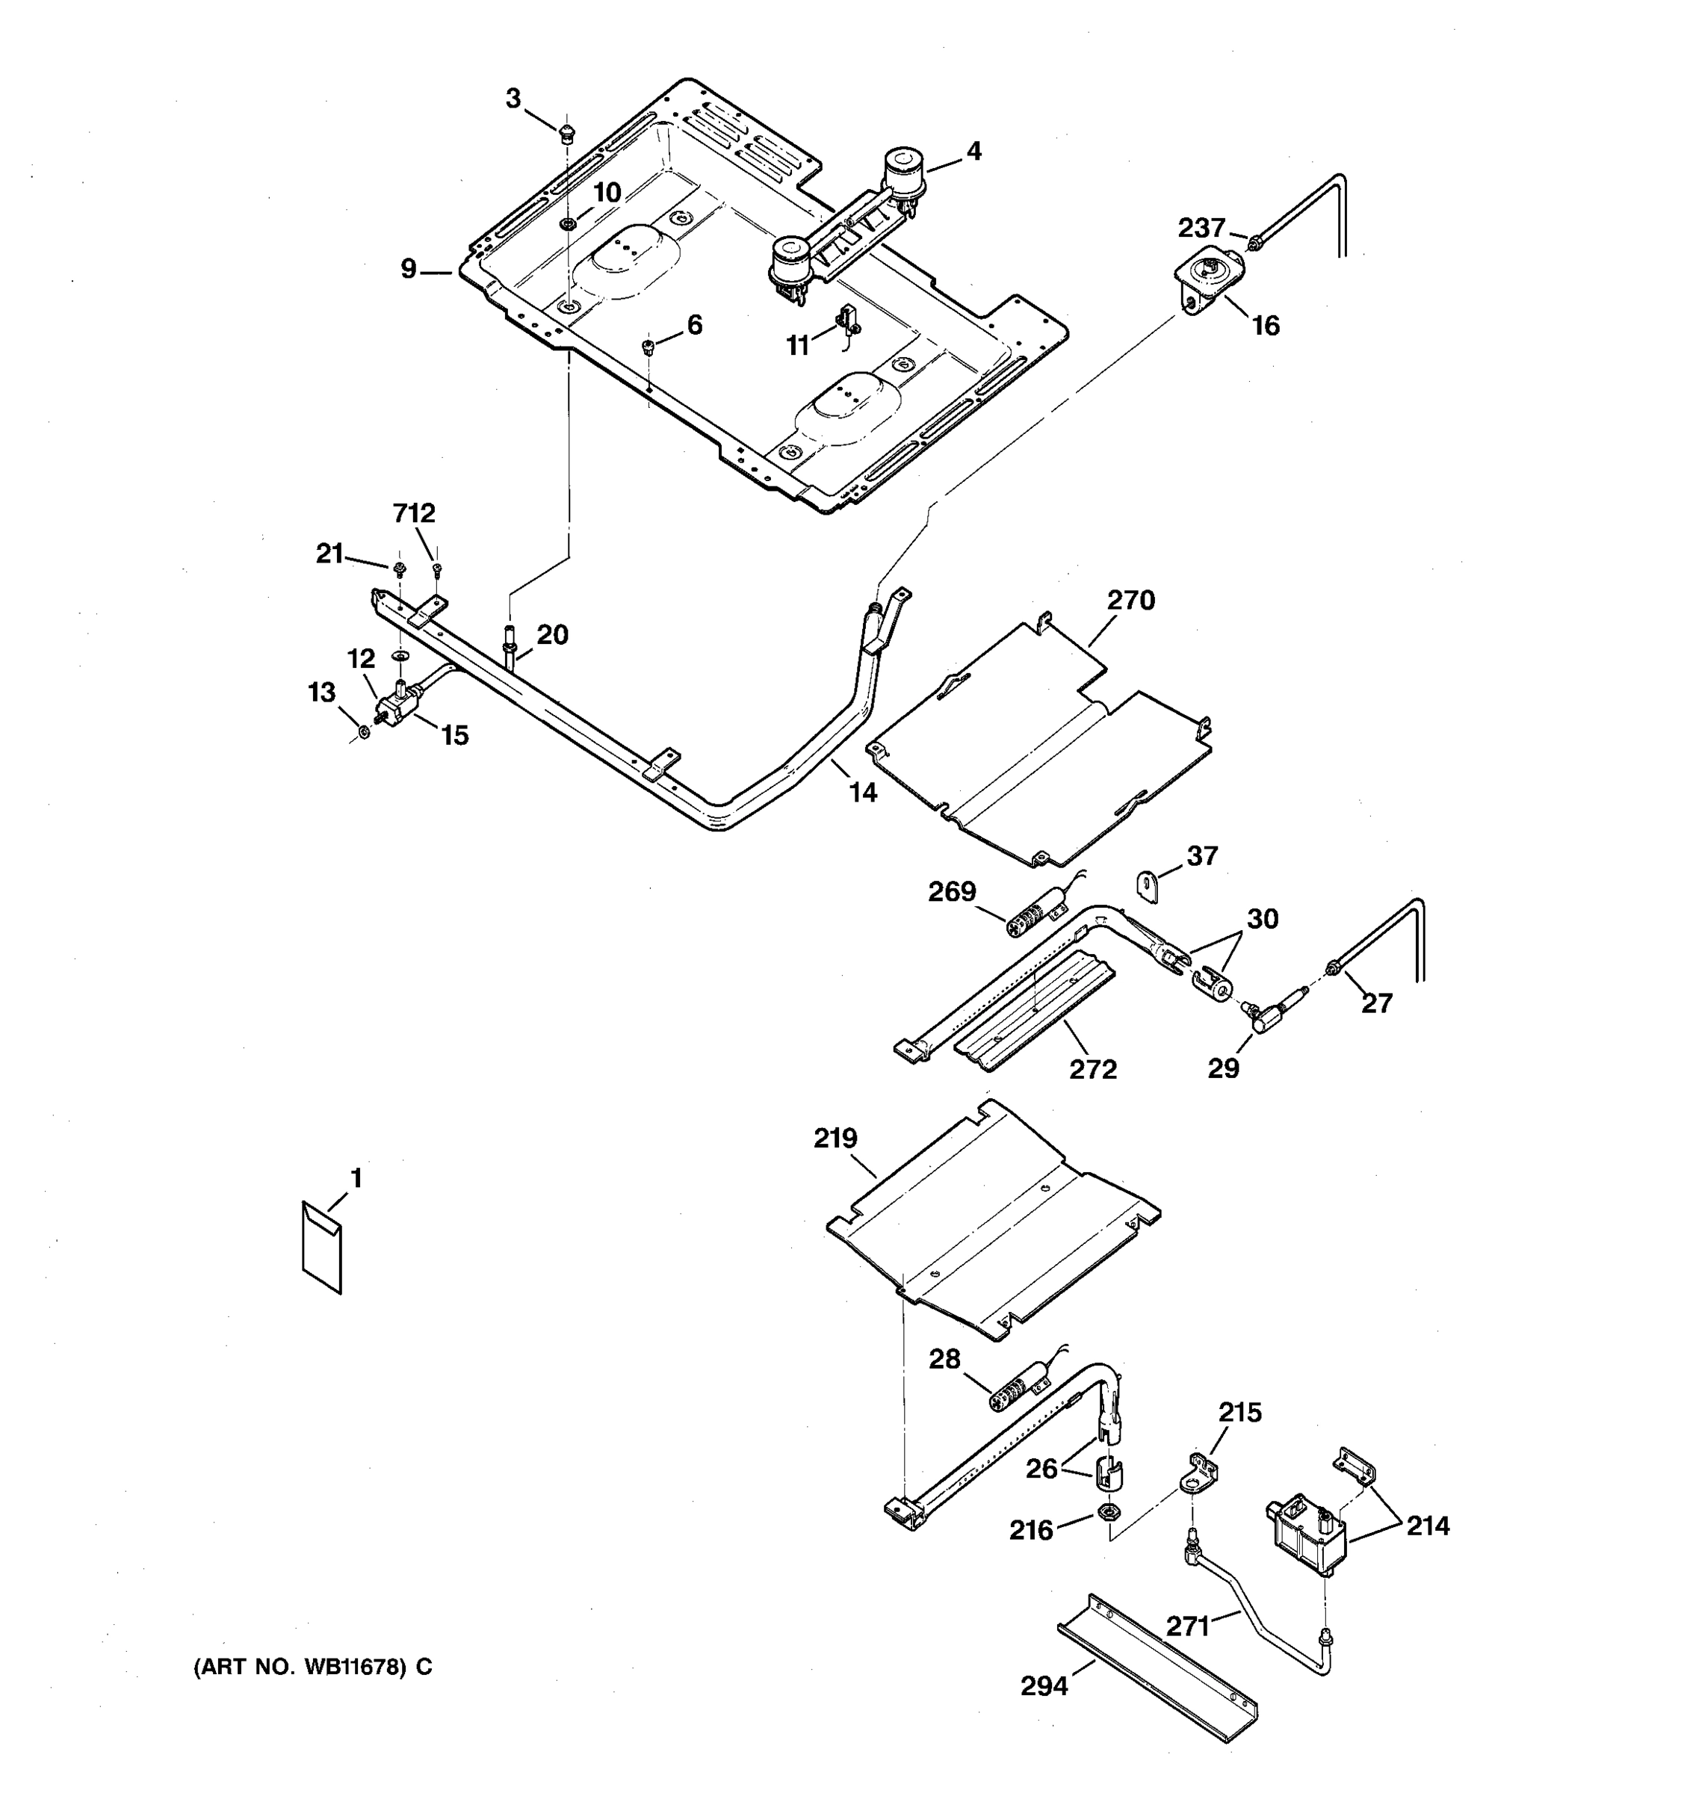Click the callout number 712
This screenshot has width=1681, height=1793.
pyautogui.click(x=414, y=513)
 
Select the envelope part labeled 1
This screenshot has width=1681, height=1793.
pyautogui.click(x=322, y=1248)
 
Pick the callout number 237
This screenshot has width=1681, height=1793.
pyautogui.click(x=1201, y=227)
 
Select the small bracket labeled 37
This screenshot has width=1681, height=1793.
pyautogui.click(x=1146, y=884)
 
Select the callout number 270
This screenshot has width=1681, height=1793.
pyautogui.click(x=1131, y=600)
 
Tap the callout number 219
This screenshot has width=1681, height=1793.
pyautogui.click(x=835, y=1139)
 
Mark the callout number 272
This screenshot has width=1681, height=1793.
pyautogui.click(x=1093, y=1069)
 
